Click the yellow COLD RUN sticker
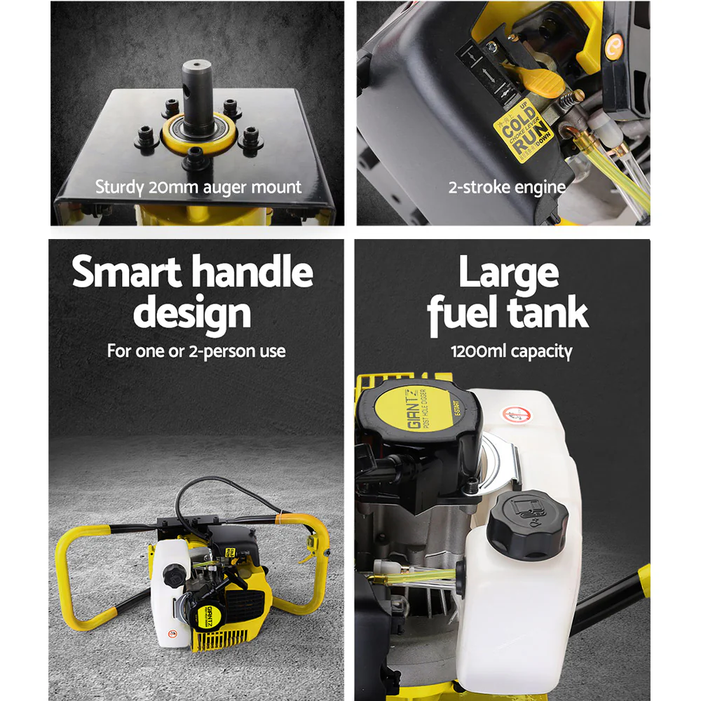click(x=522, y=130)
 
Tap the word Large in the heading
click(x=509, y=272)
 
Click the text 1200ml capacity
click(x=511, y=350)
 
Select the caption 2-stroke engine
click(x=507, y=187)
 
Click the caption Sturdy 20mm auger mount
click(x=198, y=187)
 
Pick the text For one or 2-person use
click(x=196, y=350)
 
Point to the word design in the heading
click(x=192, y=313)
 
